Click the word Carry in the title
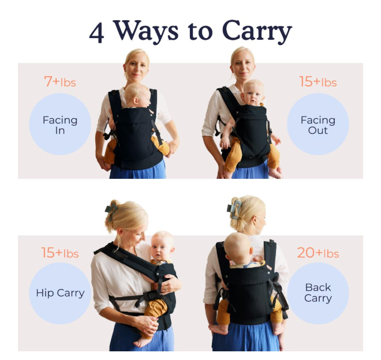(x=257, y=32)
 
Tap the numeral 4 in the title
(x=97, y=33)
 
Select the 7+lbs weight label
(x=60, y=81)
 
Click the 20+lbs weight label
(x=318, y=253)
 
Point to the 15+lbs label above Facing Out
(x=318, y=81)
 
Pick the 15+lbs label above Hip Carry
(x=60, y=253)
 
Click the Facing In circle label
(x=60, y=124)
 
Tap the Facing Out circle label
(x=318, y=124)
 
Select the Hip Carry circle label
(x=60, y=293)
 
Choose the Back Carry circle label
(x=318, y=293)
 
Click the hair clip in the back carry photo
(x=234, y=209)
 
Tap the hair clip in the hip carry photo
(x=111, y=212)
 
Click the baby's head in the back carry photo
(x=238, y=247)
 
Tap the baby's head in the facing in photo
(x=137, y=95)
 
